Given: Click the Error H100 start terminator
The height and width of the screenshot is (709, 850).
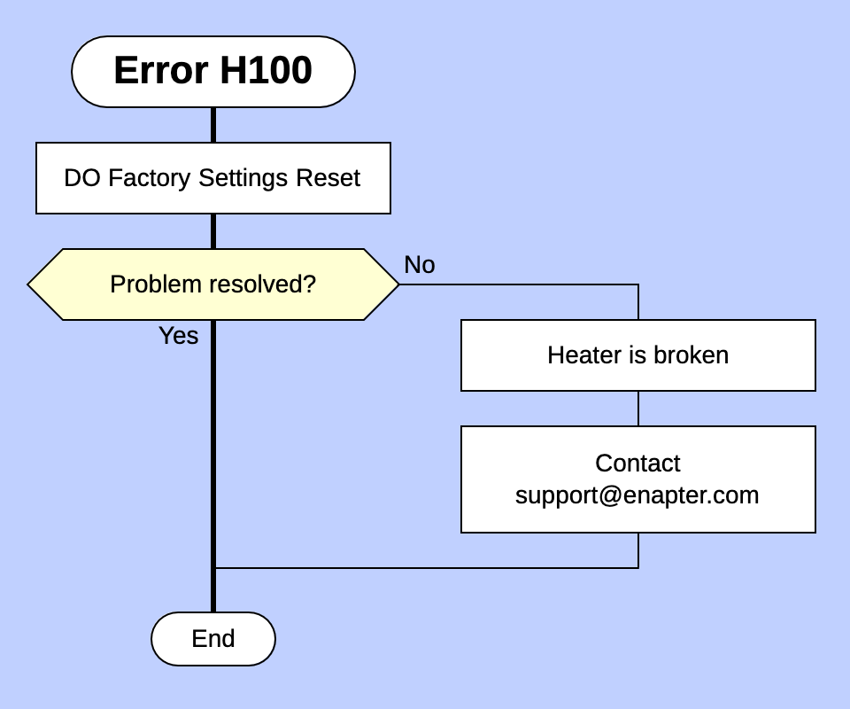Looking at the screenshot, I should click(x=212, y=72).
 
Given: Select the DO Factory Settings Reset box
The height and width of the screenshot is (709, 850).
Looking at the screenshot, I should click(x=212, y=178).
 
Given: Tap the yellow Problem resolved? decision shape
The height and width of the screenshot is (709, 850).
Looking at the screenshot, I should click(x=212, y=284).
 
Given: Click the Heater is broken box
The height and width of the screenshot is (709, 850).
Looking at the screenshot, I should click(x=637, y=355).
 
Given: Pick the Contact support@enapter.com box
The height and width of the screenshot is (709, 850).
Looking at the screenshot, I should click(x=637, y=479).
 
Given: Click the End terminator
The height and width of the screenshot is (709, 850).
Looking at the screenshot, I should click(x=212, y=639).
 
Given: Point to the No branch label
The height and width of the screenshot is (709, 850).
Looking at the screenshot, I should click(x=419, y=265).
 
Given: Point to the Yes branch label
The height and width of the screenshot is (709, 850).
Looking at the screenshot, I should click(x=178, y=336).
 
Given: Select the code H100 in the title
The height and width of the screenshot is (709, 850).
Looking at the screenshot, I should click(x=266, y=71).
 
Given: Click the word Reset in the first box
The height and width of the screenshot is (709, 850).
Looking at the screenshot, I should click(x=328, y=178).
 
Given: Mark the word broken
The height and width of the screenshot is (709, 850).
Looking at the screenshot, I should click(x=691, y=355).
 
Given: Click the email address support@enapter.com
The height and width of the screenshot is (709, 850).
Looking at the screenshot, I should click(x=637, y=495).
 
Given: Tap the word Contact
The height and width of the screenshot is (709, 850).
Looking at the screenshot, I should click(x=637, y=464).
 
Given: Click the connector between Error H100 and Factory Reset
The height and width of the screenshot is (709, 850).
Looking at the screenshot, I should click(x=212, y=125).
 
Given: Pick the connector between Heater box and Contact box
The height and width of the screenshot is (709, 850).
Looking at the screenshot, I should click(x=637, y=409).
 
